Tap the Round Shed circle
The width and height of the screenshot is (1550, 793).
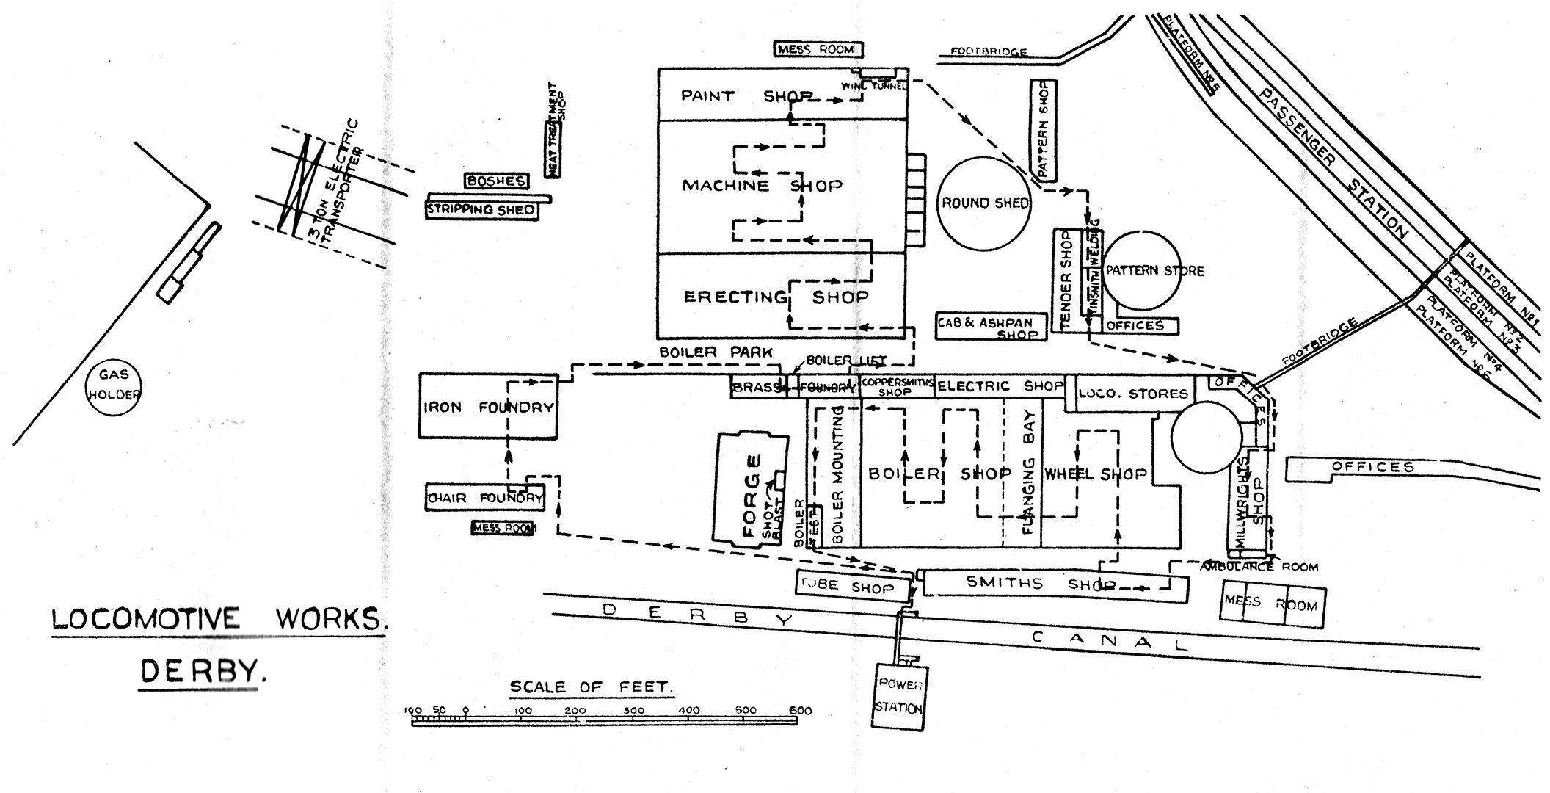(x=985, y=203)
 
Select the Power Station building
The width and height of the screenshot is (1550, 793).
(x=899, y=696)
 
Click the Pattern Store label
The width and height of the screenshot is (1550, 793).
(x=1154, y=271)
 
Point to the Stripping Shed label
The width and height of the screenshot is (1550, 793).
(x=481, y=210)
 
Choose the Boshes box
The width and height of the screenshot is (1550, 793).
(x=496, y=181)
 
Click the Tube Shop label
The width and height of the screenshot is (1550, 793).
(x=852, y=587)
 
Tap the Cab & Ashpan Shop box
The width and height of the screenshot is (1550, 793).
(x=989, y=327)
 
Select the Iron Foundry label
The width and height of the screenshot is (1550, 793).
(x=487, y=407)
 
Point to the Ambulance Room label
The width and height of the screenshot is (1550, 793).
(x=1259, y=567)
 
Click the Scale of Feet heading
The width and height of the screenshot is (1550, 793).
(x=590, y=687)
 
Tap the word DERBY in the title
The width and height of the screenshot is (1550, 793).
(x=200, y=670)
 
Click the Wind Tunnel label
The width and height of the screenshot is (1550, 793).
(x=874, y=86)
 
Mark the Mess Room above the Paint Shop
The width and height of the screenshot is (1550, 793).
(x=818, y=49)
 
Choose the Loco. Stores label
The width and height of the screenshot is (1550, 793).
(x=1132, y=394)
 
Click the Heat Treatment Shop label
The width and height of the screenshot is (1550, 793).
(x=556, y=130)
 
